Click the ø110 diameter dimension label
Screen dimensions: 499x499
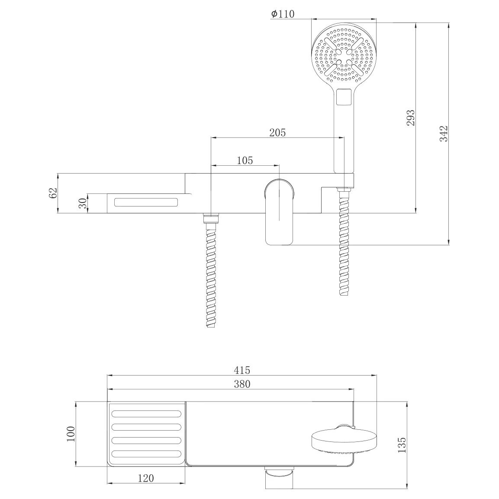283,14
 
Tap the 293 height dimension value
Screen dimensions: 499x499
411,118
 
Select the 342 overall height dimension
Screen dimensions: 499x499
444,134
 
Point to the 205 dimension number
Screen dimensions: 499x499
277,132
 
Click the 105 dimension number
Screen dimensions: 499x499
245,161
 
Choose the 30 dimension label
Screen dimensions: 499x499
82,203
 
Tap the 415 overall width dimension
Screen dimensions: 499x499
242,370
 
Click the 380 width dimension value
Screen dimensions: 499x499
242,384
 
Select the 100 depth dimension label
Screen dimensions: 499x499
71,434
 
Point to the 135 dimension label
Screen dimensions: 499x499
402,445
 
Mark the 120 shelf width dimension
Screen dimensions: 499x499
146,478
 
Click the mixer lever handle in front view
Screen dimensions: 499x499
279,212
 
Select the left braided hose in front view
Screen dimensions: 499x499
211,270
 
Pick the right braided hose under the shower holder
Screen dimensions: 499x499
344,242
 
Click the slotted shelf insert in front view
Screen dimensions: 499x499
146,203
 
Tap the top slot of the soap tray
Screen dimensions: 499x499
146,414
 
